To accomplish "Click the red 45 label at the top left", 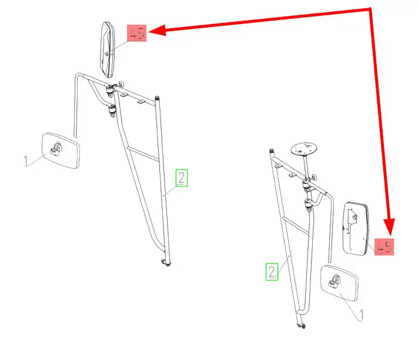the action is point(136,33).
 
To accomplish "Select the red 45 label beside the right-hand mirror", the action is point(384,247).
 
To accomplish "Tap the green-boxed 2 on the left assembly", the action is point(182,178).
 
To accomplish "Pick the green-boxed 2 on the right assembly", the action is point(272,271).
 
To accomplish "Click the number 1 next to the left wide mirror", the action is point(26,161).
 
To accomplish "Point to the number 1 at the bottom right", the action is point(361,315).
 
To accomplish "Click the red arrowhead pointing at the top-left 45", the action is point(158,30).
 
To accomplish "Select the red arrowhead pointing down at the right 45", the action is point(389,227).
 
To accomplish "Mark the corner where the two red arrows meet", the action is point(370,9).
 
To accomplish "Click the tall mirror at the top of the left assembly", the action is point(107,49).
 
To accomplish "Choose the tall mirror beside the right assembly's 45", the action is point(356,228).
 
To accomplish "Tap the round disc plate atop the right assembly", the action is point(304,149).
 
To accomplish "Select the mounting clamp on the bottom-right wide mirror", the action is point(335,282).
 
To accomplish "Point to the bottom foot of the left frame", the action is point(166,263).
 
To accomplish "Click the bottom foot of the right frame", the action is point(301,325).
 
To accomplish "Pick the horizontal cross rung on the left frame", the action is point(143,154).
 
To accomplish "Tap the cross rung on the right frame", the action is point(296,226).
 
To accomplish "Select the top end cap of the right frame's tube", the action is point(272,151).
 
